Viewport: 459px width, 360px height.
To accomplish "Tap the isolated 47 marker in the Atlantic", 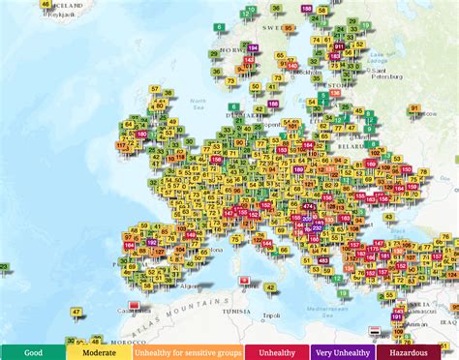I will point(76,313).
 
